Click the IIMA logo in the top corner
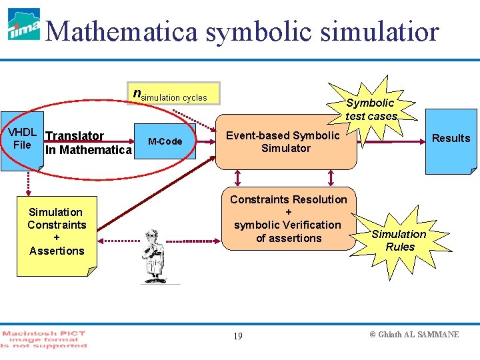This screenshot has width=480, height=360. coord(23,25)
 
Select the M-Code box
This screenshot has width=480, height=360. coord(165,141)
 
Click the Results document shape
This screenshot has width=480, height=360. coord(451,139)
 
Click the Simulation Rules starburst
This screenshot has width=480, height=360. coord(399,240)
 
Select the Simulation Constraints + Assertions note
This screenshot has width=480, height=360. coord(57,231)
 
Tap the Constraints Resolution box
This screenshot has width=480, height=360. coord(288,219)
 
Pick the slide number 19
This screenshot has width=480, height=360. coord(238,335)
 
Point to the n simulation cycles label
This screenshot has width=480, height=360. coord(170,95)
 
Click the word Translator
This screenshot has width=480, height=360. coord(74,136)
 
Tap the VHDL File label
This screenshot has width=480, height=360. coord(22,138)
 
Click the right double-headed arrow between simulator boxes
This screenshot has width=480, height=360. coord(331,177)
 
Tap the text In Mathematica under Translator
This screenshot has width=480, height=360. coord(88,150)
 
